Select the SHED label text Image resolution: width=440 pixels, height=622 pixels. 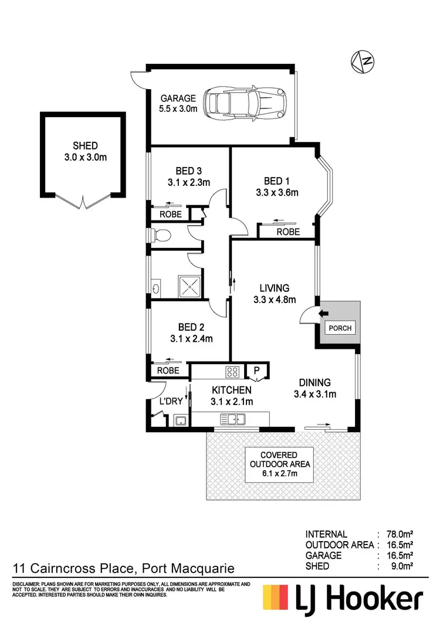[85, 146]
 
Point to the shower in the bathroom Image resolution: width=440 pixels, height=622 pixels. [191, 287]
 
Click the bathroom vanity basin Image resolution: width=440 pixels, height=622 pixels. [155, 288]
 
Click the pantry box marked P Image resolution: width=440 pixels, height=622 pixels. [256, 370]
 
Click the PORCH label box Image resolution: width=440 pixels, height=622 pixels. [340, 328]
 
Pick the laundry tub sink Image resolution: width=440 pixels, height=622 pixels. [180, 420]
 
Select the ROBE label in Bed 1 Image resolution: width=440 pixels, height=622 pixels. [288, 232]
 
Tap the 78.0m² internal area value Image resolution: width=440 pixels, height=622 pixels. [398, 534]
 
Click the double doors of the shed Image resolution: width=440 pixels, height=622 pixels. [83, 202]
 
